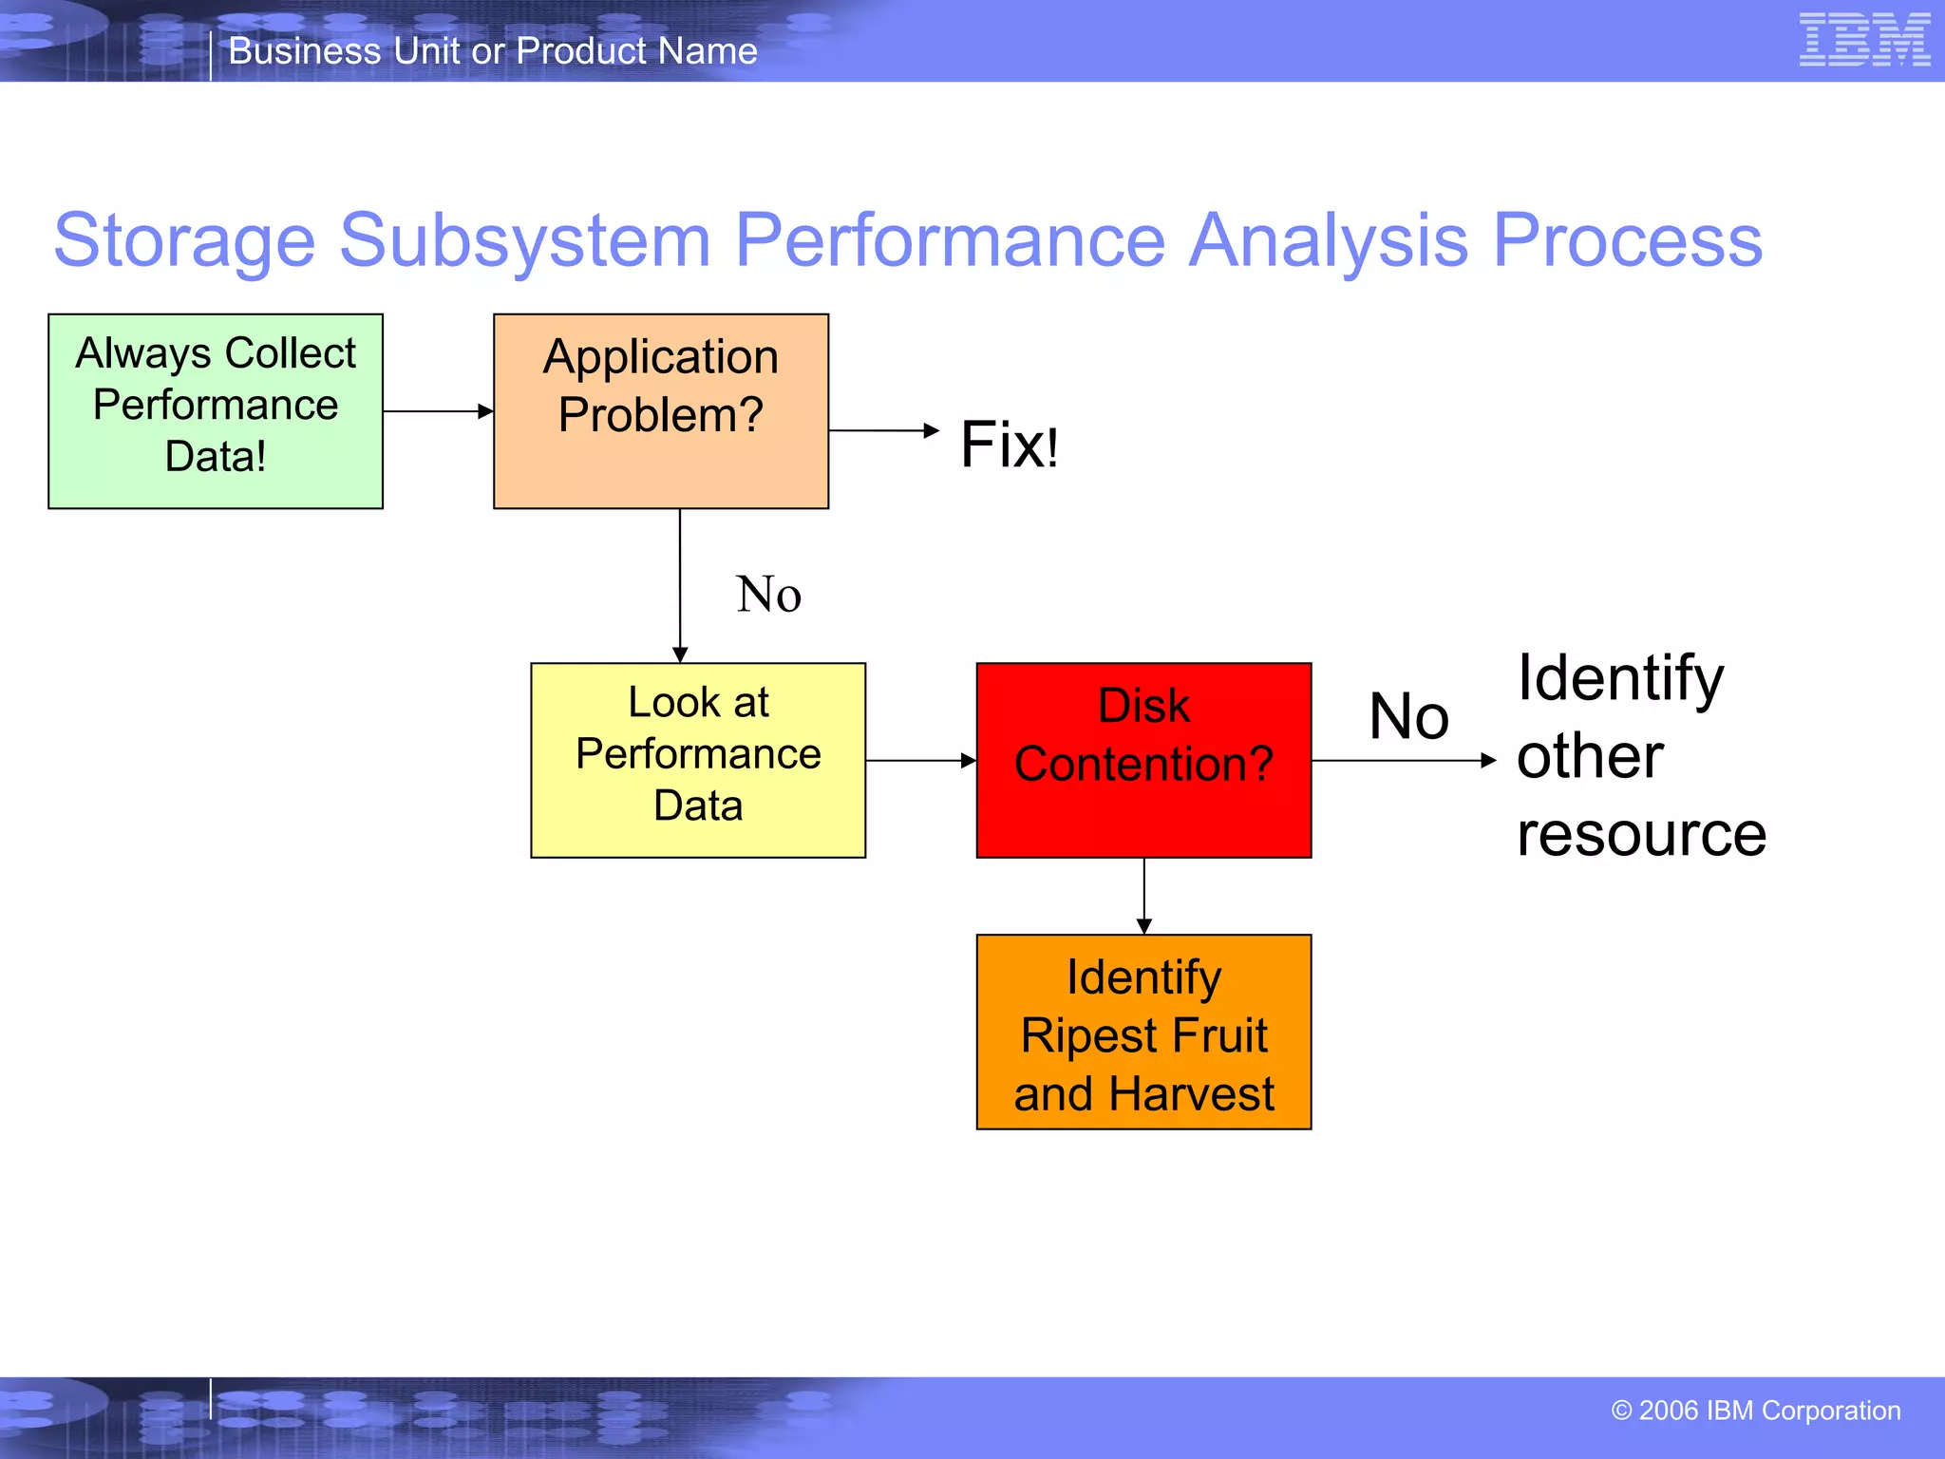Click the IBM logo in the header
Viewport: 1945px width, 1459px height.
pos(1864,40)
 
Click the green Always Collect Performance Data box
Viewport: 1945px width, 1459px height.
pos(216,410)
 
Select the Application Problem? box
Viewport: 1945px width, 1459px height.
pos(661,410)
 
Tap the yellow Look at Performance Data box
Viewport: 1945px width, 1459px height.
pos(698,760)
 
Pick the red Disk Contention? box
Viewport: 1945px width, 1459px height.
pos(1143,760)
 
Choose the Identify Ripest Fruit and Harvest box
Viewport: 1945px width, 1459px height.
pos(1143,1032)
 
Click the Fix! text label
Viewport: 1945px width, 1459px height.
pos(1009,445)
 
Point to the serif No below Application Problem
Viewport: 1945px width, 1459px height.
pos(768,595)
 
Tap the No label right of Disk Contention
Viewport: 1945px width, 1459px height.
pos(1408,716)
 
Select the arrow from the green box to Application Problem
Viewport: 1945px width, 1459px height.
pos(438,411)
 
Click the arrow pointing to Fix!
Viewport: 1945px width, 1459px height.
pos(883,430)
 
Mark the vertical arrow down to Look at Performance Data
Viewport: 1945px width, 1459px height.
pos(680,584)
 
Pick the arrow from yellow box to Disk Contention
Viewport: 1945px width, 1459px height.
pos(920,760)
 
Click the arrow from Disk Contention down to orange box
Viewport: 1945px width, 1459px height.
pos(1143,896)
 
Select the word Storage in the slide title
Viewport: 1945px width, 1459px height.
pos(184,241)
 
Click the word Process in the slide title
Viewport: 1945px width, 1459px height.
pos(1627,241)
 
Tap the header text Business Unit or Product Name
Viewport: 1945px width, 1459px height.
pos(493,51)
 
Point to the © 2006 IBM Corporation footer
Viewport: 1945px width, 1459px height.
pos(1755,1411)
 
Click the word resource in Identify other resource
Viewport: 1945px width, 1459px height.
pos(1641,834)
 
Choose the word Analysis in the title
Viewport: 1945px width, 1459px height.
pos(1328,241)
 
